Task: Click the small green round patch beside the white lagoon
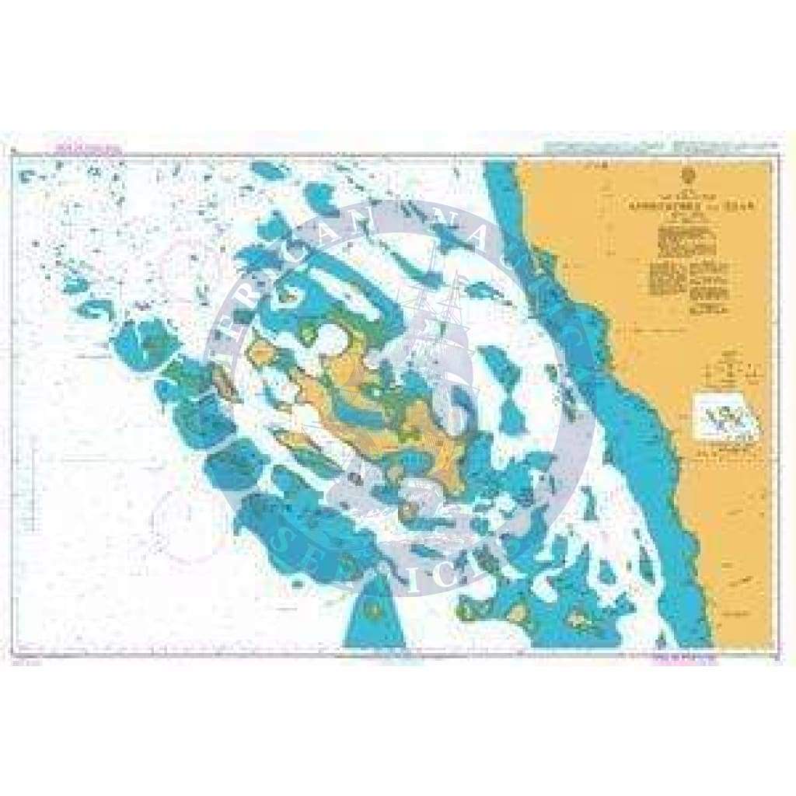[x=309, y=335]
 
